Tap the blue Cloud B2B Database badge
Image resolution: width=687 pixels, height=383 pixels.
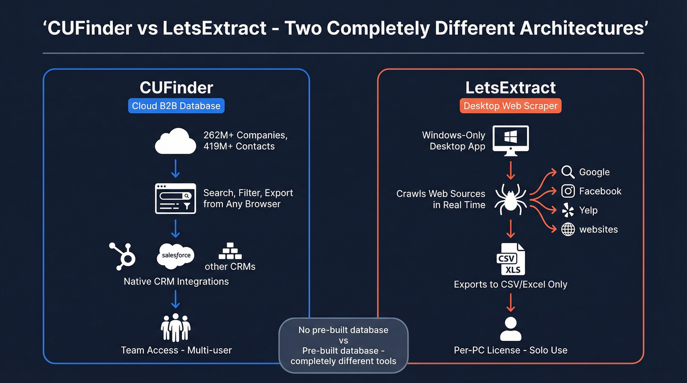tap(176, 106)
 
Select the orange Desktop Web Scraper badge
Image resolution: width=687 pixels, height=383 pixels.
tap(510, 106)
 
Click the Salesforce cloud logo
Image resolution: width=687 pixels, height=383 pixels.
tap(176, 256)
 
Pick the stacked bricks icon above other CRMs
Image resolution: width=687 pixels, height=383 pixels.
tap(230, 251)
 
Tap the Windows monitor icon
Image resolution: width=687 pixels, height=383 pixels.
tap(510, 140)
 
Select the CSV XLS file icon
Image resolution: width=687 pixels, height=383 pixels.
tap(510, 259)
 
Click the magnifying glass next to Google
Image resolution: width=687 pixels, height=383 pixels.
tap(568, 172)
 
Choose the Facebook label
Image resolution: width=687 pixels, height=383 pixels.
tap(600, 191)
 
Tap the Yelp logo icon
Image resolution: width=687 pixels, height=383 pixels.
tap(568, 210)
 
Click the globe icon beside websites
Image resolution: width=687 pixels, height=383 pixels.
tap(568, 230)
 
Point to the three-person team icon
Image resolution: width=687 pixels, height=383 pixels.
tap(176, 328)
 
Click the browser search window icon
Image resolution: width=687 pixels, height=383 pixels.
tap(175, 199)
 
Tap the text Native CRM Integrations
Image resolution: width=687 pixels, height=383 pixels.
tap(176, 281)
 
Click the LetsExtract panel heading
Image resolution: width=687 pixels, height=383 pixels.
tap(510, 88)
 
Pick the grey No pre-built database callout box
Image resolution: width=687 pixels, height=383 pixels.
tap(343, 345)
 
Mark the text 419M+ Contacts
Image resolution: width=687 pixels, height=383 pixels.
tap(239, 146)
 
